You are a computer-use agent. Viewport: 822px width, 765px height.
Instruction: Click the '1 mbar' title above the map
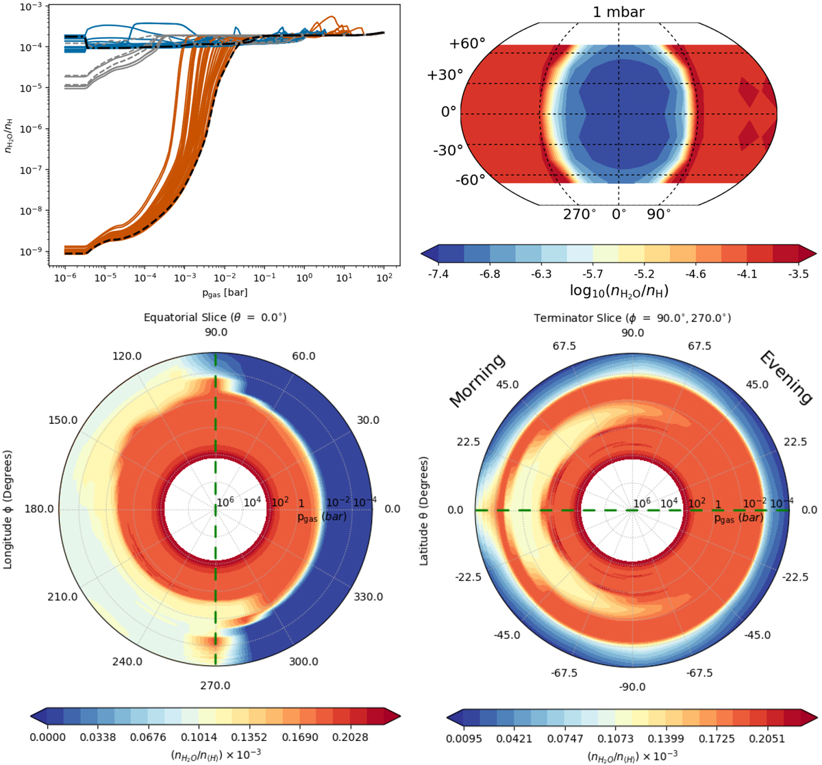pos(619,12)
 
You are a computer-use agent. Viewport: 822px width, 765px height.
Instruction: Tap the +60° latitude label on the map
pos(467,45)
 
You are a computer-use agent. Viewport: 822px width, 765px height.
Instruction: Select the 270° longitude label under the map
pos(580,214)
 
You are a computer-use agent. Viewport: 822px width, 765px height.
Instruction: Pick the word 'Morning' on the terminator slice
pos(477,381)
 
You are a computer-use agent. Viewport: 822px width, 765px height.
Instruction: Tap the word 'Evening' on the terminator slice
pos(786,377)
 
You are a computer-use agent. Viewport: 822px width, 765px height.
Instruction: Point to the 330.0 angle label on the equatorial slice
pos(368,597)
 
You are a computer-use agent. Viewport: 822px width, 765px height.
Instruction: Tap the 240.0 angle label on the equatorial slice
pos(127,662)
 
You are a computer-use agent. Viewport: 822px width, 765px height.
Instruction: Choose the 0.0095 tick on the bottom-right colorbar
pos(466,738)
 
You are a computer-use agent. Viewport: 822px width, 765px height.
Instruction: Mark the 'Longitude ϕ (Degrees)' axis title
pos(8,510)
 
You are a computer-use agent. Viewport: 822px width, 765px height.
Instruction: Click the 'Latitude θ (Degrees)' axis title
pos(424,510)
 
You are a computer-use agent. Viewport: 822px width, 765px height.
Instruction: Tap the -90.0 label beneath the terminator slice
pos(632,687)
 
